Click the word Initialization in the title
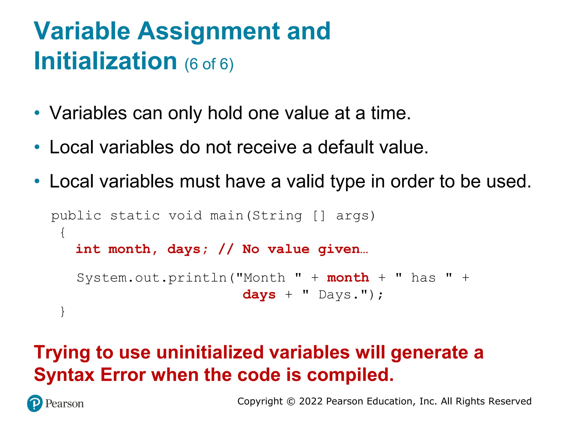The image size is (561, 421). [x=105, y=61]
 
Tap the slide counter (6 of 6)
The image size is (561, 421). [x=209, y=64]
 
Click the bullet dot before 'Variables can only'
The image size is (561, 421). [x=37, y=113]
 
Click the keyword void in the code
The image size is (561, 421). [x=185, y=216]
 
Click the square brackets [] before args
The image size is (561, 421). [x=319, y=216]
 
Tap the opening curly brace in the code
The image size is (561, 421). [x=63, y=232]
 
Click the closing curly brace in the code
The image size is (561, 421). [x=63, y=312]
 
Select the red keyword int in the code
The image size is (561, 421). [x=88, y=249]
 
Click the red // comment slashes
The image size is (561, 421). [x=226, y=249]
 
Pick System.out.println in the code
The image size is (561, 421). [x=152, y=278]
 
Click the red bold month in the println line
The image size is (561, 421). [x=348, y=278]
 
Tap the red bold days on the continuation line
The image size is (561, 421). [x=259, y=295]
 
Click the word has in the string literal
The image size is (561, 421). [x=423, y=278]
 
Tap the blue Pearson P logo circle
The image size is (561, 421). [x=35, y=403]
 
